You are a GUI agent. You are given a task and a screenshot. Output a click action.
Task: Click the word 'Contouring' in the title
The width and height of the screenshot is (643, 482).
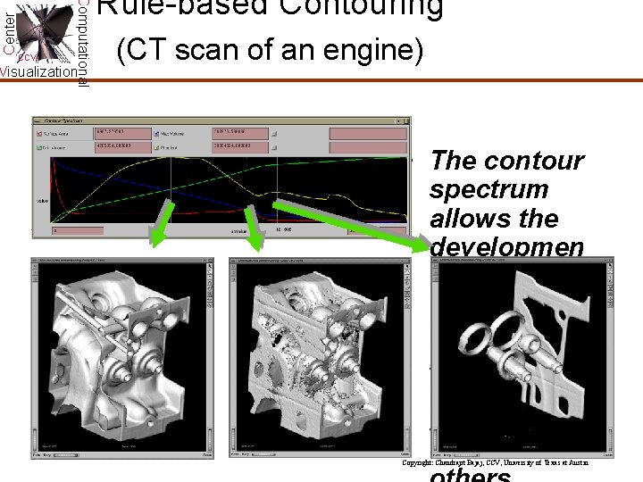(x=366, y=7)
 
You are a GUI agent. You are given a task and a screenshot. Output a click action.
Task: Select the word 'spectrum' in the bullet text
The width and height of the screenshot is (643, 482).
(x=489, y=190)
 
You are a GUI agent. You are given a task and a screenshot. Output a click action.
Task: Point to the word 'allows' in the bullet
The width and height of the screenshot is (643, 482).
(x=470, y=219)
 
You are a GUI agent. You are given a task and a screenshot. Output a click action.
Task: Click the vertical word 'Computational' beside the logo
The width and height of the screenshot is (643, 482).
(x=82, y=43)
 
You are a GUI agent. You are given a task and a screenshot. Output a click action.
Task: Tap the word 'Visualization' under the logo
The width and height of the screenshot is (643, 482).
(x=38, y=72)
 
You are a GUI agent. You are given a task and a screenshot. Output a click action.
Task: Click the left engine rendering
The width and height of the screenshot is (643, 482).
(x=121, y=357)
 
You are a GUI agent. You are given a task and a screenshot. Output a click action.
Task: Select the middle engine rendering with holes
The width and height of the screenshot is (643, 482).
(x=322, y=357)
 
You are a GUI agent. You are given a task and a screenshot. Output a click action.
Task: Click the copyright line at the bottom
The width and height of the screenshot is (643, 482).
(x=495, y=463)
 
